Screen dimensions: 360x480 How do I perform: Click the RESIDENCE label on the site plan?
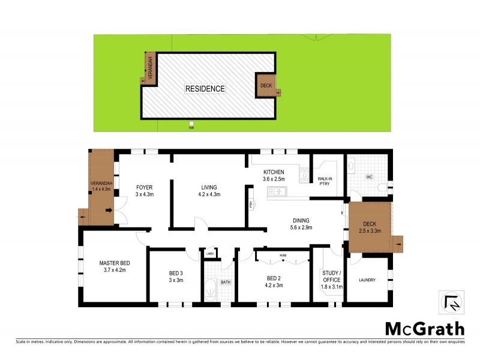tap(205, 89)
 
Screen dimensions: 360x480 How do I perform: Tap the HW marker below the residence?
tap(191, 126)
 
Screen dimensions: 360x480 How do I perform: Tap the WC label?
tap(370, 177)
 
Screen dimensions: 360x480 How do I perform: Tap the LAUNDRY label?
tap(367, 280)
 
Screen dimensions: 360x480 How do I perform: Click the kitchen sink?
tap(277, 191)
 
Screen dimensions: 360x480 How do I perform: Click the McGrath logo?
tap(424, 328)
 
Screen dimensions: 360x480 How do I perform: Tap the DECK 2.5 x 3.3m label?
tap(370, 227)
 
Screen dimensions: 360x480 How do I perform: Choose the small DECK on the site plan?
tap(266, 86)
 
